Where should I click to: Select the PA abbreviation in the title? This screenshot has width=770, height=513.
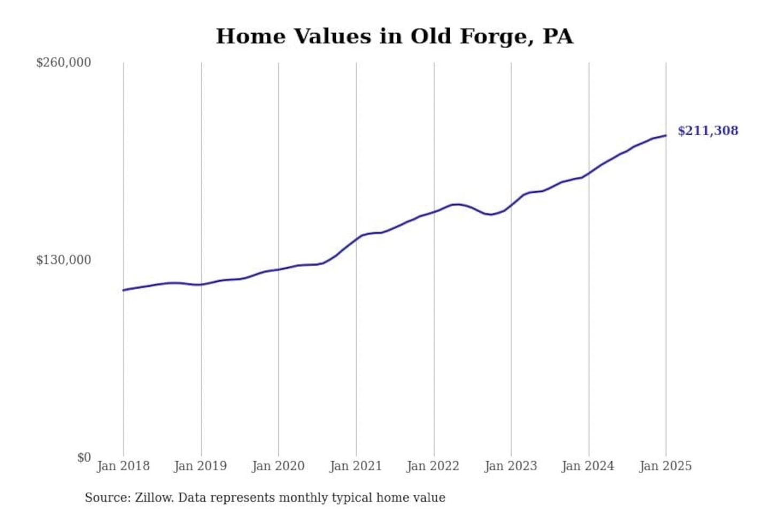click(557, 36)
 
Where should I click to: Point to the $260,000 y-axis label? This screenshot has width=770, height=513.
click(64, 63)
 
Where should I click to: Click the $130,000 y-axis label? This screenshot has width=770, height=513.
click(64, 260)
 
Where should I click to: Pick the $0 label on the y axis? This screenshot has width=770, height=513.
click(84, 457)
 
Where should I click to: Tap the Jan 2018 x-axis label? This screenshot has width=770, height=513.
click(123, 466)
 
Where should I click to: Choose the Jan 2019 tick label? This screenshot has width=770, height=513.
click(201, 466)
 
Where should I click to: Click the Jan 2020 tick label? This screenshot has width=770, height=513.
click(278, 466)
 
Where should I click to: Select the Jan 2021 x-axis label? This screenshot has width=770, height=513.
click(356, 466)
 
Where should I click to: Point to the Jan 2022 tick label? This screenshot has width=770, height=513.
click(433, 466)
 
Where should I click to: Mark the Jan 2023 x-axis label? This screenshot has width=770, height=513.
click(511, 466)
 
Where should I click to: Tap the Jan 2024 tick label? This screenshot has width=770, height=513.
click(588, 466)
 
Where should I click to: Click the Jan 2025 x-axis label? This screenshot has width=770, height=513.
click(666, 466)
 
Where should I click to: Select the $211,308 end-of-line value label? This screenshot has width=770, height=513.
click(708, 131)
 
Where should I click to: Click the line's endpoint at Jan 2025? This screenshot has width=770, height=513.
click(666, 135)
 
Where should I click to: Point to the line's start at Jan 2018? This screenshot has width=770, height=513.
click(124, 290)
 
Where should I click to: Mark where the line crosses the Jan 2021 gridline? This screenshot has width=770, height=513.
click(356, 238)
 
